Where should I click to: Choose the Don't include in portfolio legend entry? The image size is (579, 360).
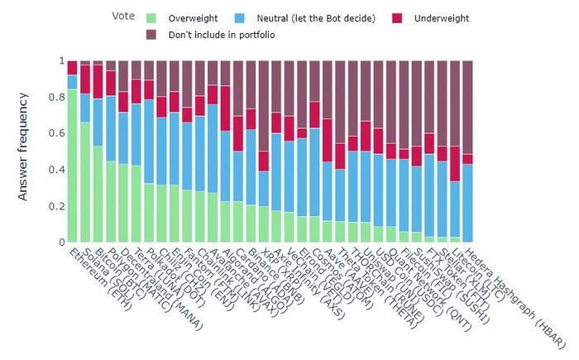click(x=221, y=35)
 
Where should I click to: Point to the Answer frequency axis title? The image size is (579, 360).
click(x=24, y=151)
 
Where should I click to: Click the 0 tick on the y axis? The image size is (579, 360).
click(x=60, y=242)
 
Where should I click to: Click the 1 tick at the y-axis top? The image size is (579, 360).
click(x=60, y=61)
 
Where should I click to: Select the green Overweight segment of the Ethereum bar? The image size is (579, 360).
click(x=73, y=166)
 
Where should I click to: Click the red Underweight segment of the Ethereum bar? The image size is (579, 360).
click(x=73, y=67)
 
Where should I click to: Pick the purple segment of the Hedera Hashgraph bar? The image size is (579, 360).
click(x=467, y=107)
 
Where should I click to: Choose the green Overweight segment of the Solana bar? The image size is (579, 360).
click(x=85, y=182)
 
